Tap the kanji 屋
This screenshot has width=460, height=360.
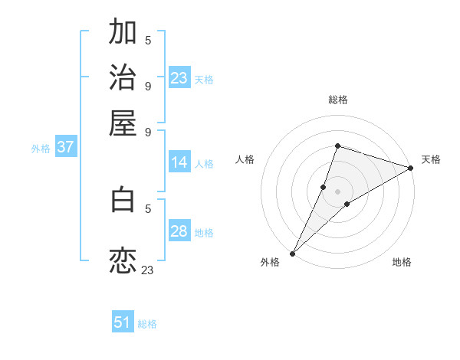(x=123, y=123)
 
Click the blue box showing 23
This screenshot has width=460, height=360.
(x=179, y=78)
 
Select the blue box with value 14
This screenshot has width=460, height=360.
(x=179, y=162)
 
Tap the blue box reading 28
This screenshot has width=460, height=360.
(x=179, y=231)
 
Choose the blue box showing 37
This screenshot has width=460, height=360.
(x=65, y=148)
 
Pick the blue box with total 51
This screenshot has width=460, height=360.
(x=123, y=322)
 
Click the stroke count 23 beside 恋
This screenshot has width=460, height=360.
(x=147, y=270)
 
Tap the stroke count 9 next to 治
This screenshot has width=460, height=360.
(x=148, y=86)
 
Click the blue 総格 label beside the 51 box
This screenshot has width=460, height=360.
(x=147, y=324)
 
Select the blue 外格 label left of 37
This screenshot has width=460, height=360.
(x=41, y=149)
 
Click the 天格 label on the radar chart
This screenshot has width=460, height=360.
(x=431, y=159)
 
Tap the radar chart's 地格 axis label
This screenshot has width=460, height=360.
(x=402, y=262)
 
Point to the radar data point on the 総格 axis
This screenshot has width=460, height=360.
(x=337, y=146)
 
